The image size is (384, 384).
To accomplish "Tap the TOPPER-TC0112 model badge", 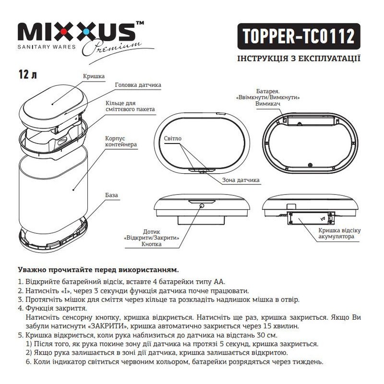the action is pos(299,36).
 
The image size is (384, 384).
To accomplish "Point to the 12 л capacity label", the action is pos(28,74).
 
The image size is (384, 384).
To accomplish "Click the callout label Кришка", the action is pos(94,76).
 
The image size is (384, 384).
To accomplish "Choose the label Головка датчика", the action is pos(138,85).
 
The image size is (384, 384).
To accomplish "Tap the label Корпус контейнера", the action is pos(121,142).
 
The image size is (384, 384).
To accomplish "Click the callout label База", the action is pos(112,195).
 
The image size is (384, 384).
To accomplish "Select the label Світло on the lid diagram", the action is pos(173,138).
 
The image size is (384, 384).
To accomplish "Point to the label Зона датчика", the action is pos(241,180).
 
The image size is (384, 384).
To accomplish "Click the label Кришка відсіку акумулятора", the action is pos(339,233).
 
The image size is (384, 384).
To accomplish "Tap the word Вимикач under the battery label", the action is pos(268,104).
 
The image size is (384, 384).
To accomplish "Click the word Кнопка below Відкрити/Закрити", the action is pos(152,244).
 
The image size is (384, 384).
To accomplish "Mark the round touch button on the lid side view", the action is pos(202,206).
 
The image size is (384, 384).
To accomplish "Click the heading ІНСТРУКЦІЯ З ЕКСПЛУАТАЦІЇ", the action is pos(299,58).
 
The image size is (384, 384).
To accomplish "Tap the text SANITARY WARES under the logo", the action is pos(47,47).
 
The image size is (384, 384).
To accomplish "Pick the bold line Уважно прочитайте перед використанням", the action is pos(98,270).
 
